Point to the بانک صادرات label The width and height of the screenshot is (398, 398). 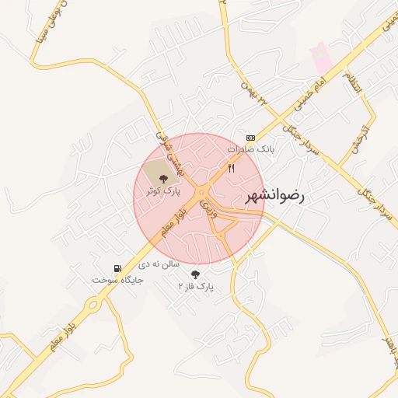click(x=252, y=147)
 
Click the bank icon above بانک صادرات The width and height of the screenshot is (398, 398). click(x=250, y=137)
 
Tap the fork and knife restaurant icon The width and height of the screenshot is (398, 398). click(x=231, y=167)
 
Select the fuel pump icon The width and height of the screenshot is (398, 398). click(x=117, y=267)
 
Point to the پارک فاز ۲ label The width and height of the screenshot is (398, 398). click(x=195, y=287)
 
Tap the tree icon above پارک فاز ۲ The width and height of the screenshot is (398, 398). click(x=195, y=275)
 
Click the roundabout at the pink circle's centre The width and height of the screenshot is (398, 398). click(x=202, y=192)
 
